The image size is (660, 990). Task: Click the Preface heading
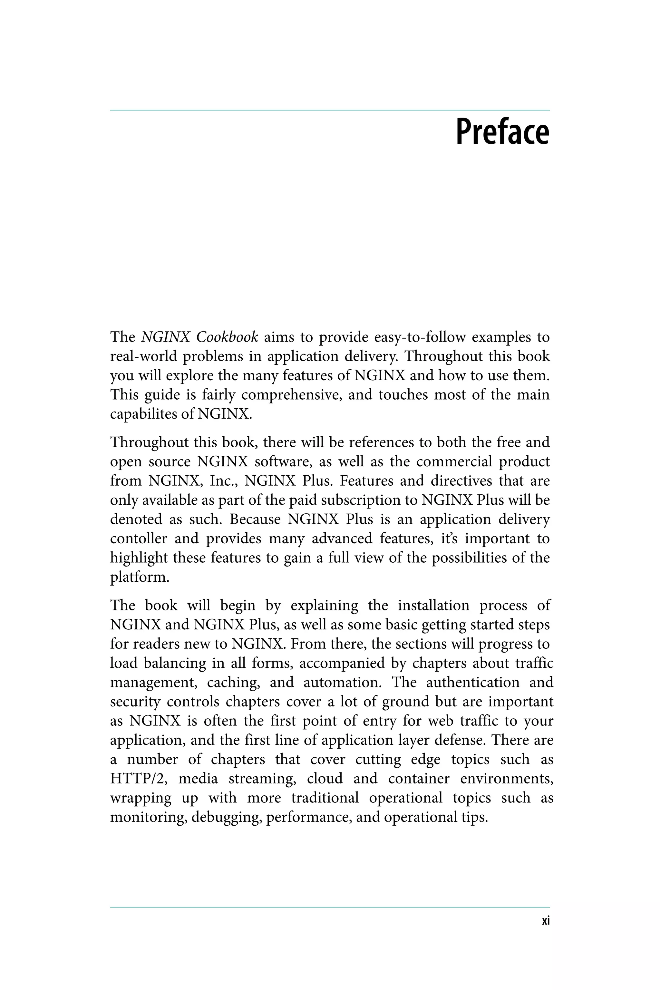[503, 132]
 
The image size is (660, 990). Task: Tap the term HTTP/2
[139, 779]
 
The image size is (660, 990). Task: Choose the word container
[419, 779]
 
